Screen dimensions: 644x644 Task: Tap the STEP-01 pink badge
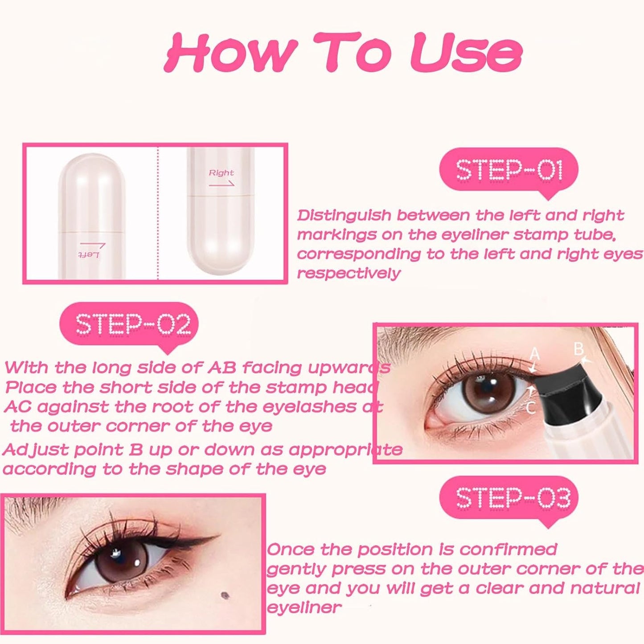pos(509,170)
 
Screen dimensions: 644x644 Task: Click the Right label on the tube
pos(221,173)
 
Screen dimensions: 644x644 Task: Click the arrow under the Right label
pos(222,183)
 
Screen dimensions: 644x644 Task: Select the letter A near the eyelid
pos(535,354)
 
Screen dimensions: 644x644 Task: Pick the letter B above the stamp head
pos(578,349)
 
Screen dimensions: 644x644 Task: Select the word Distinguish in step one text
pos(344,216)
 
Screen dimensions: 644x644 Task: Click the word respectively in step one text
pos(349,273)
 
